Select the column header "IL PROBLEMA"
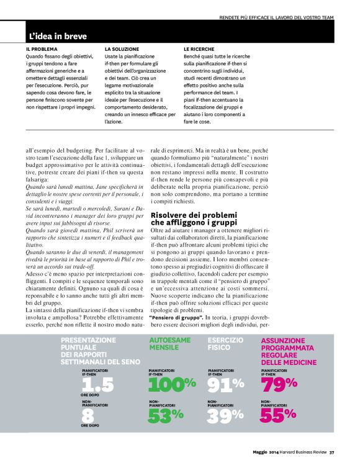click(42, 48)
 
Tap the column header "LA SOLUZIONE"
click(122, 48)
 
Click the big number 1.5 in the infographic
click(98, 384)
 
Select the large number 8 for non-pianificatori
click(88, 415)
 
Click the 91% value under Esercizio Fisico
click(225, 384)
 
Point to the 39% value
click(225, 416)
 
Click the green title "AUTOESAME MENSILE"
click(170, 344)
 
